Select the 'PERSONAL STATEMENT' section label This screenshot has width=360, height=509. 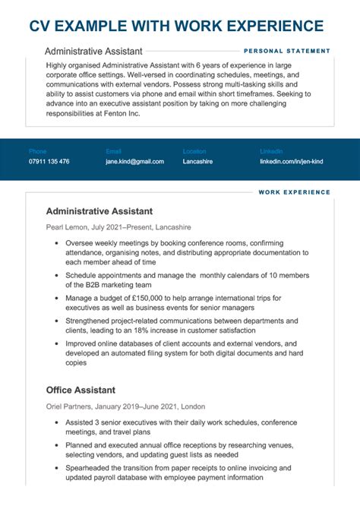click(x=287, y=51)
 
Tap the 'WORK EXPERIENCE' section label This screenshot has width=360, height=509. click(x=295, y=193)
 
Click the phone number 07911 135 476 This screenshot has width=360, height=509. click(x=49, y=162)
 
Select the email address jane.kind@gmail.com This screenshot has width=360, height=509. click(x=134, y=162)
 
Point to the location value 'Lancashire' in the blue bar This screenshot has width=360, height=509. click(x=197, y=162)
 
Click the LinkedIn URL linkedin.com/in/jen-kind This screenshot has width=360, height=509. click(x=292, y=162)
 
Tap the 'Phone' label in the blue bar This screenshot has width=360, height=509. click(x=37, y=151)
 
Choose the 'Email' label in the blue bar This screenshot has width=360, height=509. click(x=113, y=151)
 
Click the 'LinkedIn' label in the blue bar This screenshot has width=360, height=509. click(x=271, y=151)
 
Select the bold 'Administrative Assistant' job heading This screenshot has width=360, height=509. click(x=99, y=211)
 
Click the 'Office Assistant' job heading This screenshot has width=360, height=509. click(x=80, y=390)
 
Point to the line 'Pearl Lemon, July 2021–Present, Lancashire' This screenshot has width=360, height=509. click(x=118, y=227)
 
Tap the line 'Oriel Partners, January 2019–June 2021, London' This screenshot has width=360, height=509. click(x=125, y=406)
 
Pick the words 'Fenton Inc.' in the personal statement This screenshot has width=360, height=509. click(x=119, y=114)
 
